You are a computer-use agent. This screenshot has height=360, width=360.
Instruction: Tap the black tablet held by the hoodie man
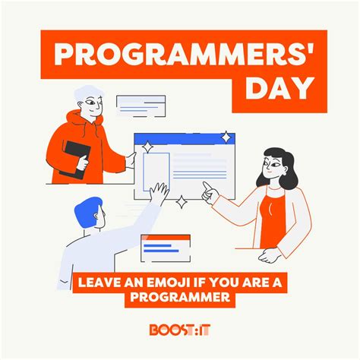point(74,157)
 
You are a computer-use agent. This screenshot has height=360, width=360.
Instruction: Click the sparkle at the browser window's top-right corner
point(226,137)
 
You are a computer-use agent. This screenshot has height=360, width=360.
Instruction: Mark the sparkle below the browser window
point(182,203)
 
